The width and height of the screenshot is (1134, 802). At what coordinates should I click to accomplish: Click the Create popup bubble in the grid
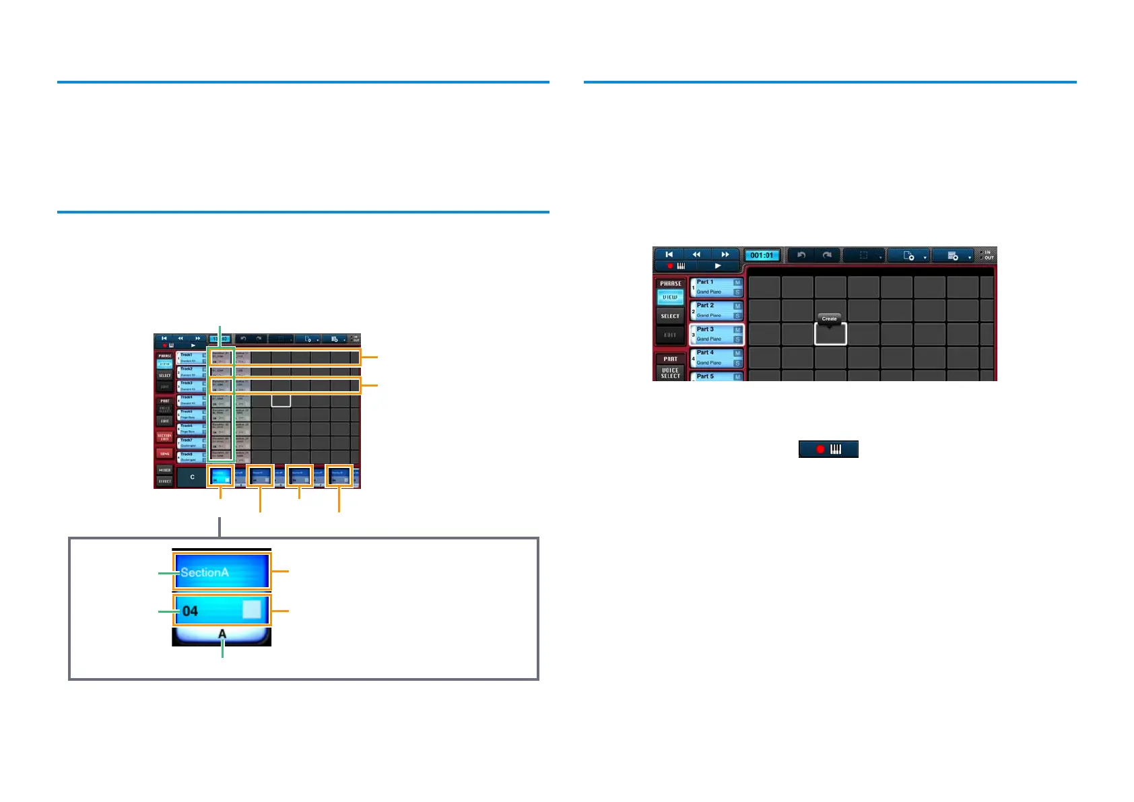point(829,319)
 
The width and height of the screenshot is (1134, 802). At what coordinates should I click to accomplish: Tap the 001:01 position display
point(762,255)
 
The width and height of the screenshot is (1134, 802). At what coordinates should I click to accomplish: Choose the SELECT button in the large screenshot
point(670,316)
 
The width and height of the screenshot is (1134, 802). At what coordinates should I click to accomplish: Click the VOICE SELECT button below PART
point(670,373)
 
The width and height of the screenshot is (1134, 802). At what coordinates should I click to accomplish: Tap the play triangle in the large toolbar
point(718,266)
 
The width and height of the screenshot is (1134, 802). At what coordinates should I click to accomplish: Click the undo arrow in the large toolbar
point(801,255)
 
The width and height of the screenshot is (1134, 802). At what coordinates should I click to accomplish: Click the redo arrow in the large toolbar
point(827,255)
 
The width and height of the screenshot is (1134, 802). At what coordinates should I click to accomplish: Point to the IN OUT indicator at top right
point(987,255)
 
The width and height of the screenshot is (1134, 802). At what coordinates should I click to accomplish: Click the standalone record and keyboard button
point(828,449)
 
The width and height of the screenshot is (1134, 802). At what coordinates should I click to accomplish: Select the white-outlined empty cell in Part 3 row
point(830,334)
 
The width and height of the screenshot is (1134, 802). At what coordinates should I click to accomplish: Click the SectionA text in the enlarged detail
point(205,572)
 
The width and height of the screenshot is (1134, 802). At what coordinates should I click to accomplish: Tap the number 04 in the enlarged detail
point(191,611)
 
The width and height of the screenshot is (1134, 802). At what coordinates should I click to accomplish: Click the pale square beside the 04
point(251,609)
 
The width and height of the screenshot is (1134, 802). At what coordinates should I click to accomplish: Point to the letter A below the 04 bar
point(222,634)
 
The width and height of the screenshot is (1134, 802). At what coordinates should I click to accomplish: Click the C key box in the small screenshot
point(192,477)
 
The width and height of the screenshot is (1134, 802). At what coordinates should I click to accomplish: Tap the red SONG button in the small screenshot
point(165,453)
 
